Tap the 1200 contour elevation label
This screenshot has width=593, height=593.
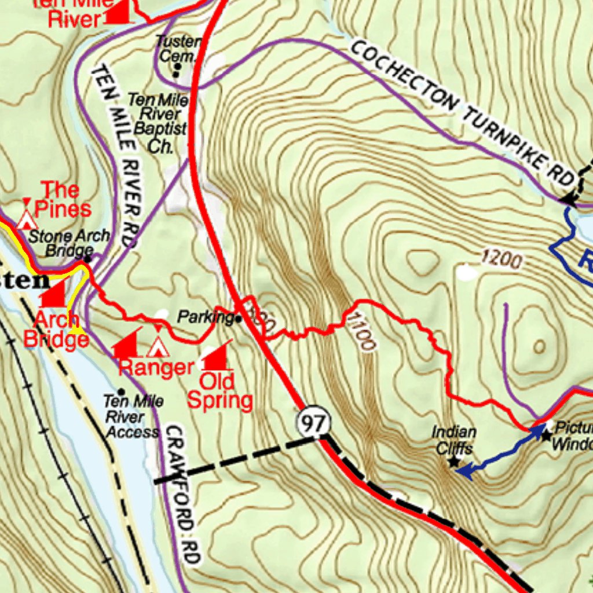point(501,260)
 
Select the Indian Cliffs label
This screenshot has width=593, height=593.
point(454,440)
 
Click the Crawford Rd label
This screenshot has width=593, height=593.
point(183,495)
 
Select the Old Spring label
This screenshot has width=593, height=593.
point(220,391)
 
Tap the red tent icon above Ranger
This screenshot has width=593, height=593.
point(157,346)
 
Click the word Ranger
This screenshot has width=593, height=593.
point(156,367)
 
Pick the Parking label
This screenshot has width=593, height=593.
point(204,317)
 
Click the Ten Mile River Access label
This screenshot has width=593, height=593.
point(132,416)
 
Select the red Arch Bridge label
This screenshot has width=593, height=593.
point(56,328)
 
